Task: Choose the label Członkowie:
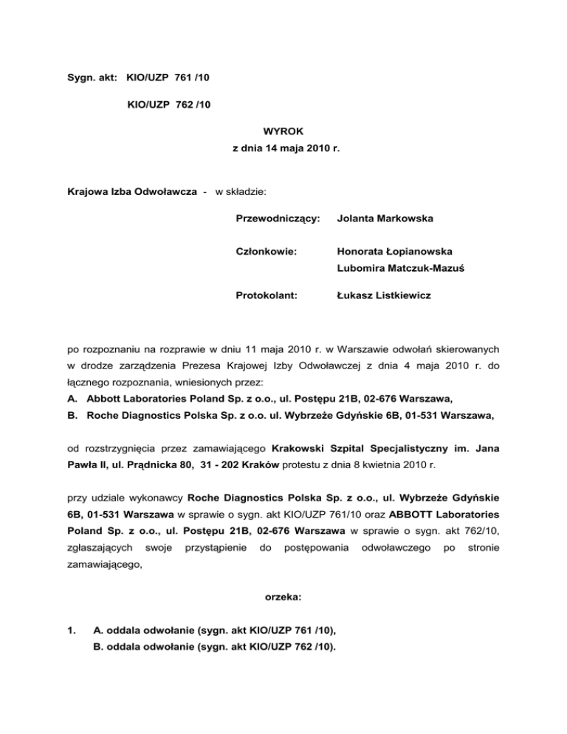[x=256, y=253]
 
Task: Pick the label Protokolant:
[x=256, y=295]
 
